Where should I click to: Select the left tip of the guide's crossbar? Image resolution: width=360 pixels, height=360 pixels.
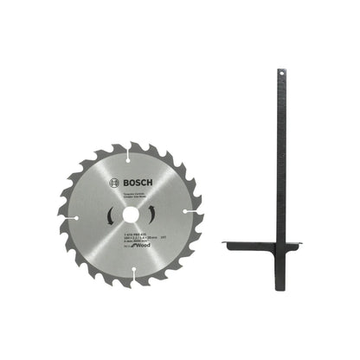pyautogui.click(x=226, y=243)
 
